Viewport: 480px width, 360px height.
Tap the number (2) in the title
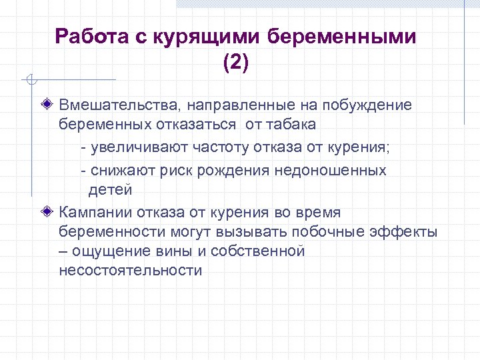point(235,63)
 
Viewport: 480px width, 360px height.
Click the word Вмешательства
point(119,105)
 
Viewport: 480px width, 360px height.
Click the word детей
point(111,189)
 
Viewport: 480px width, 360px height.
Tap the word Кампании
point(96,213)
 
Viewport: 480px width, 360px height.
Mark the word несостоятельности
point(130,271)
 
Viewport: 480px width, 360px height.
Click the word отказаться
point(201,125)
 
